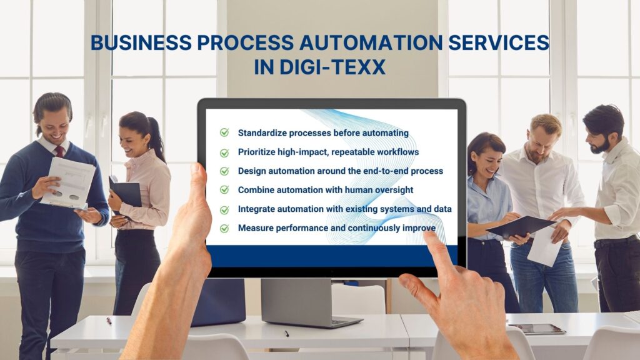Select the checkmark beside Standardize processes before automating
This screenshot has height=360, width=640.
[x=224, y=132]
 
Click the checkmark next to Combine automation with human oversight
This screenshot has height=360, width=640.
[x=224, y=189]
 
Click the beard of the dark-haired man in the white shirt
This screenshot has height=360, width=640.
[x=601, y=145]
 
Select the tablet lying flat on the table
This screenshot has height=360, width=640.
[x=537, y=328]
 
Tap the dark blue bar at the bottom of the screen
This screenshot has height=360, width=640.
[x=331, y=255]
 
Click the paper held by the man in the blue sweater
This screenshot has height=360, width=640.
[x=68, y=182]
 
